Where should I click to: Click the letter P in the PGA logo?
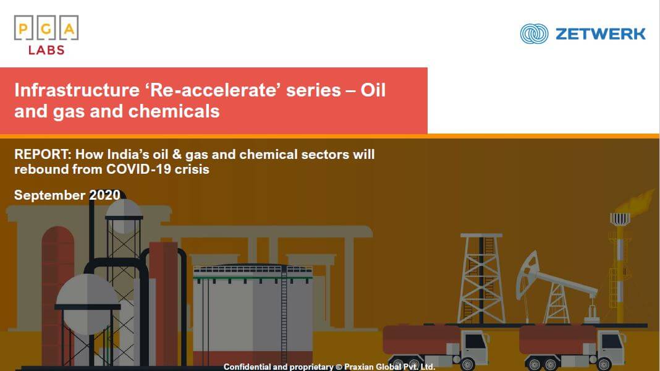pyautogui.click(x=23, y=29)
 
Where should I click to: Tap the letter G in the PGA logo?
pyautogui.click(x=46, y=29)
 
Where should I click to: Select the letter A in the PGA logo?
pyautogui.click(x=69, y=29)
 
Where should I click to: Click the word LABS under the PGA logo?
pyautogui.click(x=46, y=50)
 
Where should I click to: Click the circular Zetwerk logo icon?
pyautogui.click(x=534, y=33)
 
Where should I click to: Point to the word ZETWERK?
pyautogui.click(x=600, y=33)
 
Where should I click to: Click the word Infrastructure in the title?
pyautogui.click(x=77, y=90)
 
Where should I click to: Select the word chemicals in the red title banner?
pyautogui.click(x=174, y=111)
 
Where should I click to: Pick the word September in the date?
pyautogui.click(x=49, y=195)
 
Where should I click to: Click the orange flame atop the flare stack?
pyautogui.click(x=631, y=203)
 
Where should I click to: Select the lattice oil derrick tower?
pyautogui.click(x=481, y=278)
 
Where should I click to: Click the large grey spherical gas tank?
pyautogui.click(x=87, y=300)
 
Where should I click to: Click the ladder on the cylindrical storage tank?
pyautogui.click(x=284, y=313)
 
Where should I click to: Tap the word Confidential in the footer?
pyautogui.click(x=247, y=367)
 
